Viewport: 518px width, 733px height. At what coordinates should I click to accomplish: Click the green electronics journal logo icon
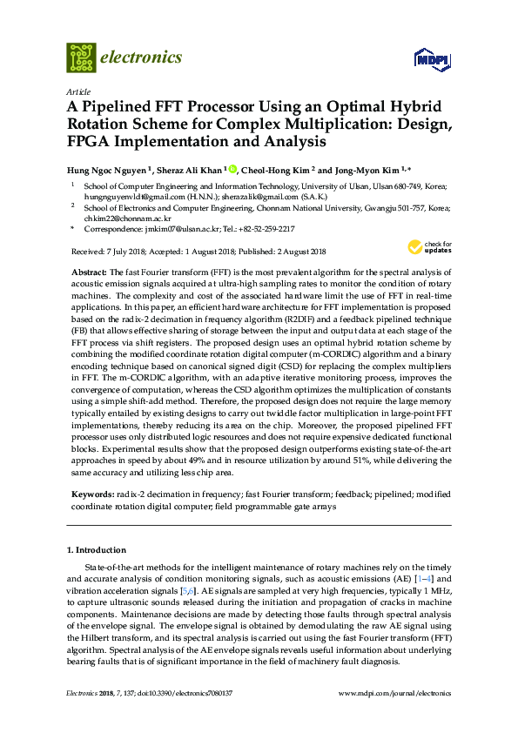pyautogui.click(x=81, y=57)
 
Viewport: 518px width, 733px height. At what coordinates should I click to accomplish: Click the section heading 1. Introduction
pyautogui.click(x=97, y=550)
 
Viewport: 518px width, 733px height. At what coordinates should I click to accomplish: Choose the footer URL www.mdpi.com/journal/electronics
pyautogui.click(x=394, y=694)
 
